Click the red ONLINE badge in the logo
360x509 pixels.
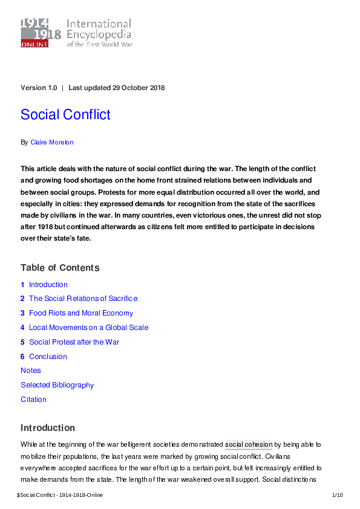[34, 44]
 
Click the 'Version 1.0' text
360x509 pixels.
[39, 88]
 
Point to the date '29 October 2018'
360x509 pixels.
[139, 88]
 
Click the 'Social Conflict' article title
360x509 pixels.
[65, 114]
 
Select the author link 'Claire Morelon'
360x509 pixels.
[52, 142]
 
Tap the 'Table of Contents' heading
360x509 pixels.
[60, 268]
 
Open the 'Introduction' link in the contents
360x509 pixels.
[48, 285]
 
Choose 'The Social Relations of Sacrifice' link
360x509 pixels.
[83, 299]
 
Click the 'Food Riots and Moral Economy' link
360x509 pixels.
[81, 313]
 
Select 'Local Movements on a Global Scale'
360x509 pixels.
[88, 328]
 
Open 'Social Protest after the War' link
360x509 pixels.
[74, 342]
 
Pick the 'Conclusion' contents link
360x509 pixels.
[48, 357]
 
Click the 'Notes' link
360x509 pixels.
[31, 371]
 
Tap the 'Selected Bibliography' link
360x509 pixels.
[57, 385]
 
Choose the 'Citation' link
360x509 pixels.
[33, 400]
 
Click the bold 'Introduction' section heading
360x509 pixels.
[48, 428]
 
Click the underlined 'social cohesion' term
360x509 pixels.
[249, 445]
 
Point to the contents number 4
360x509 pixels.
[22, 328]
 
